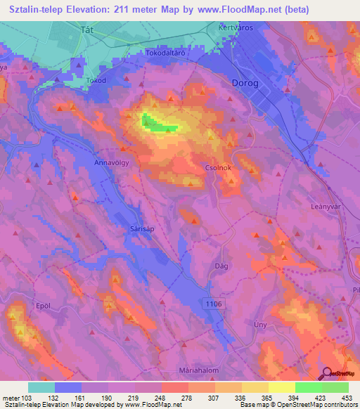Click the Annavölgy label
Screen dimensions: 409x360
(x=111, y=162)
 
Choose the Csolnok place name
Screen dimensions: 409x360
(x=218, y=169)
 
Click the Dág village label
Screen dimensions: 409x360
(x=220, y=266)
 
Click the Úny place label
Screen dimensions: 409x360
(x=259, y=324)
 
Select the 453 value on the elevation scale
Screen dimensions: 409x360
(x=347, y=398)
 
